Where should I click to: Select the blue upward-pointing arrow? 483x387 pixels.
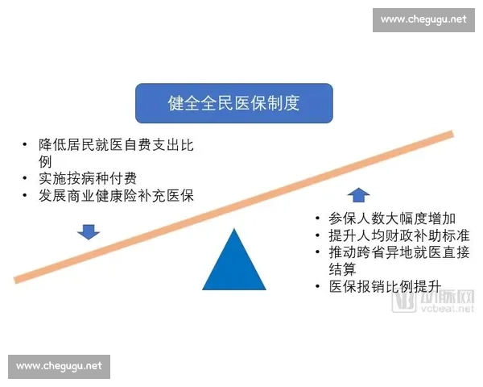pyautogui.click(x=358, y=194)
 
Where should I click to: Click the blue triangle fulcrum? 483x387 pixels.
pyautogui.click(x=234, y=261)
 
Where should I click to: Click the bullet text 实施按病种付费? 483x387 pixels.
pyautogui.click(x=85, y=177)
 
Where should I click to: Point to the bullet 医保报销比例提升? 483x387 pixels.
pyautogui.click(x=379, y=286)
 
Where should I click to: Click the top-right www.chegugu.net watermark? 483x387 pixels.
pyautogui.click(x=423, y=19)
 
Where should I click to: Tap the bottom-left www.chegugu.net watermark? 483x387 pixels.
pyautogui.click(x=60, y=366)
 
